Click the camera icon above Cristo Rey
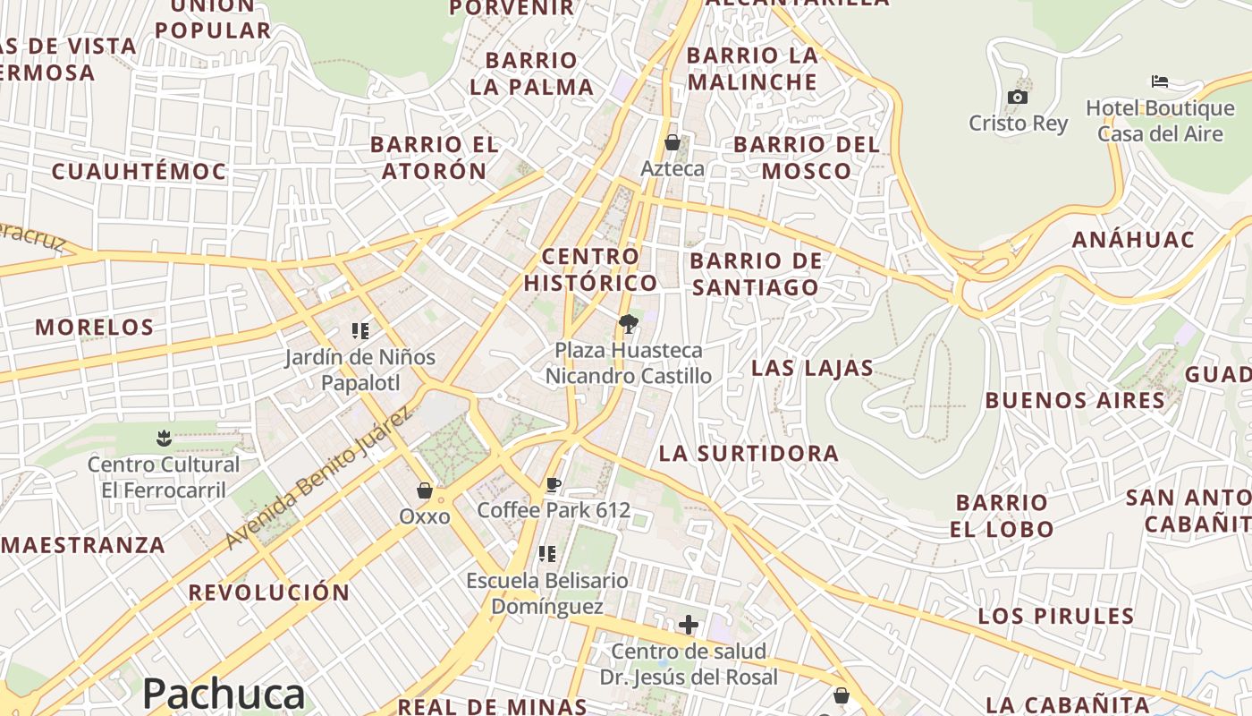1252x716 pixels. click(1017, 98)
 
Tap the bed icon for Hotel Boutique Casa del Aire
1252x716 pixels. click(1160, 81)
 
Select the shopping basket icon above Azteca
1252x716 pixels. click(673, 142)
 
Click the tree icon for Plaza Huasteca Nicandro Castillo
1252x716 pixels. click(629, 323)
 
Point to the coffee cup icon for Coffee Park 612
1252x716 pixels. click(554, 485)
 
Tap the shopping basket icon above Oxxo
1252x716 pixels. click(425, 490)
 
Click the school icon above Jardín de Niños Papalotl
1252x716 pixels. click(360, 331)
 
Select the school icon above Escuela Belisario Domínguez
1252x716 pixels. click(547, 554)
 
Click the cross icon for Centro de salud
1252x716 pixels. click(688, 624)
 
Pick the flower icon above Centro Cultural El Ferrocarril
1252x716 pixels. click(164, 439)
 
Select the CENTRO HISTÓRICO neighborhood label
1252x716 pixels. click(590, 269)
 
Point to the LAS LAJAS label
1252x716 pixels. click(812, 368)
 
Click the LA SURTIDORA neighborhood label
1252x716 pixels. click(749, 453)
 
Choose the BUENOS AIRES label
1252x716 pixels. click(1075, 400)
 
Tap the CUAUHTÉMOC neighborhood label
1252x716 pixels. click(139, 171)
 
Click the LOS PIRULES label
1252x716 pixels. click(1055, 616)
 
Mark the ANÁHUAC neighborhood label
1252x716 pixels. click(1133, 240)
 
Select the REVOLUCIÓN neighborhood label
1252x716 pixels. click(268, 592)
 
